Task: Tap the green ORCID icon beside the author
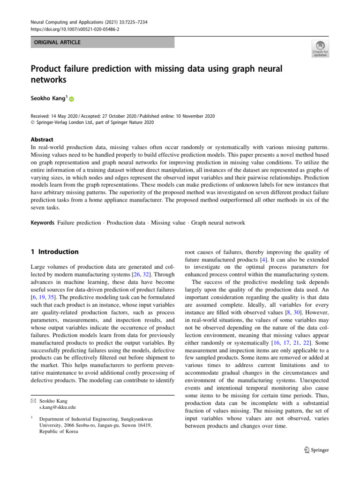click(x=72, y=99)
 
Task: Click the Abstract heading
click(x=42, y=140)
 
